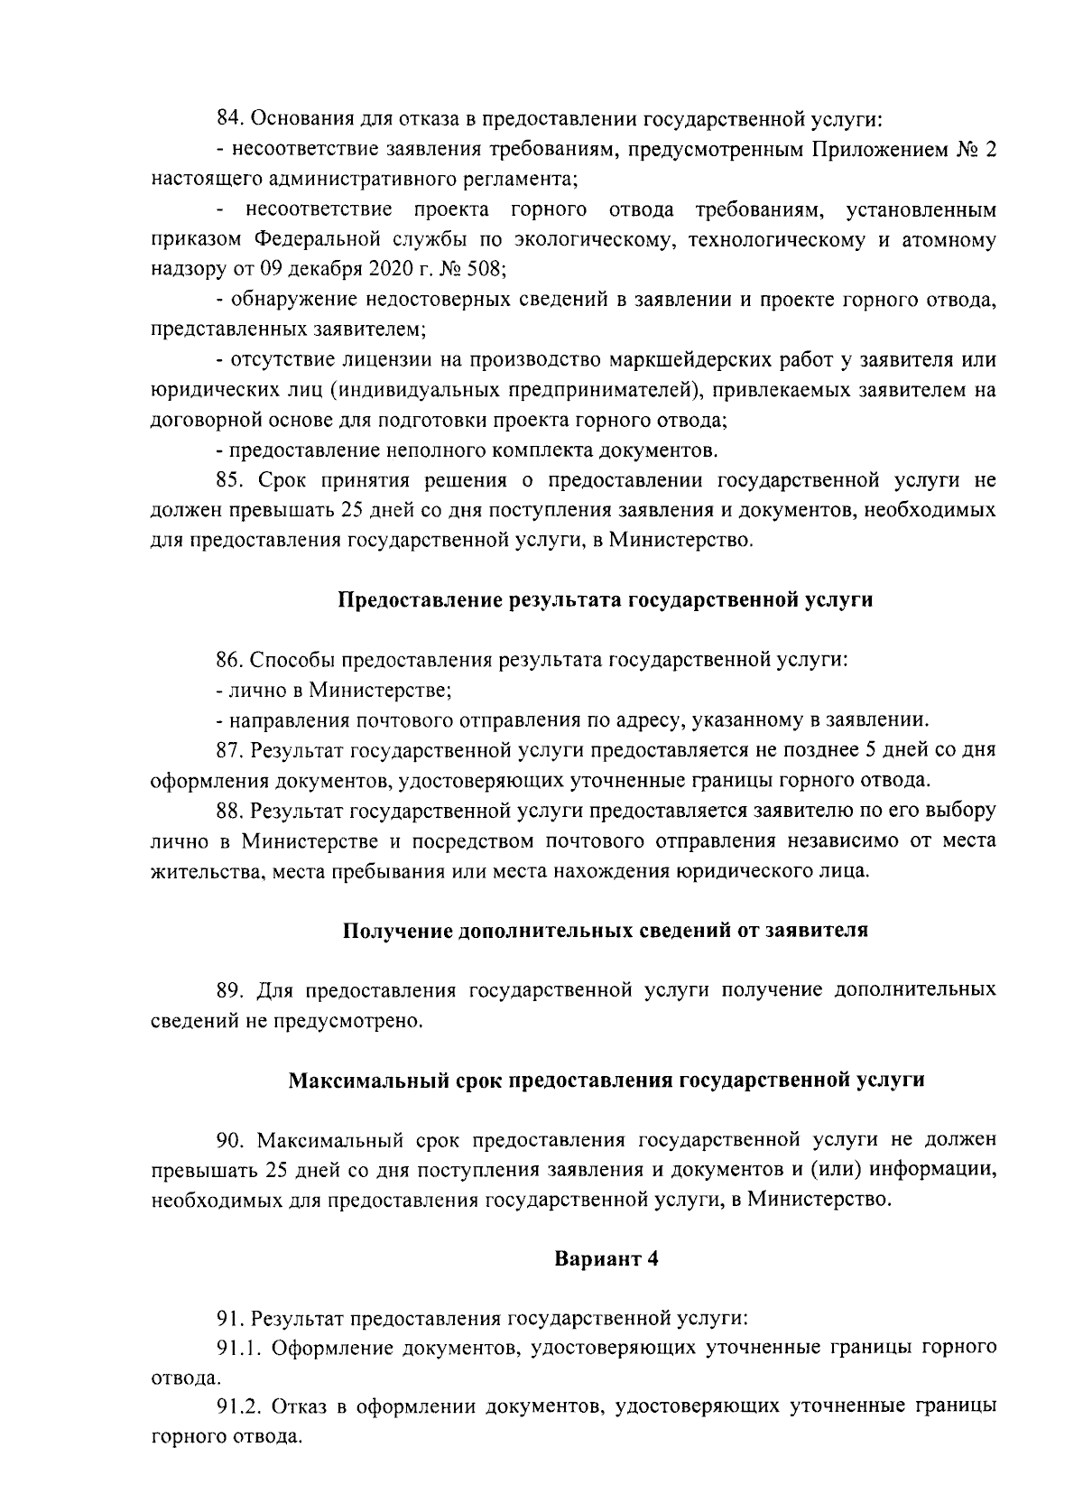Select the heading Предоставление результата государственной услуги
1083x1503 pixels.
(605, 599)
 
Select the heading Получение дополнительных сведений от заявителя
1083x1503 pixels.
(605, 931)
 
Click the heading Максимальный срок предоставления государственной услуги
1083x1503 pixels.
(605, 1081)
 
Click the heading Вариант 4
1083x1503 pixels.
(605, 1260)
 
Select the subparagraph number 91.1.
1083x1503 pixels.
(237, 1350)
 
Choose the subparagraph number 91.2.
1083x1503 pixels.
(237, 1410)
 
